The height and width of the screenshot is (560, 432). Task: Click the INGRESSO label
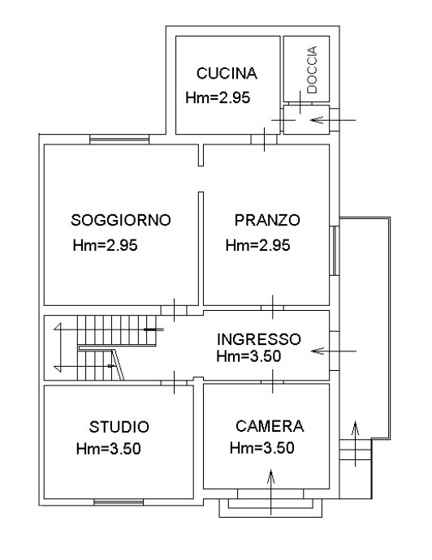point(261,338)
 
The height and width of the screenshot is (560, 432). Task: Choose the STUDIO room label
point(119,427)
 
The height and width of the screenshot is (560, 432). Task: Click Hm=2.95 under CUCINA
point(218,98)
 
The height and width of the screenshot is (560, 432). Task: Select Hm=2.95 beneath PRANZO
point(258,246)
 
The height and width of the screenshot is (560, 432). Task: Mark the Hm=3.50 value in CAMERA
point(261,447)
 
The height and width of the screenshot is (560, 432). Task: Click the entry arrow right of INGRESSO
point(335,351)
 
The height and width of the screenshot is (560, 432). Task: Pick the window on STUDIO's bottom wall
point(119,502)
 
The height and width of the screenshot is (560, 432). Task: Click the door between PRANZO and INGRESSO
point(271,308)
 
